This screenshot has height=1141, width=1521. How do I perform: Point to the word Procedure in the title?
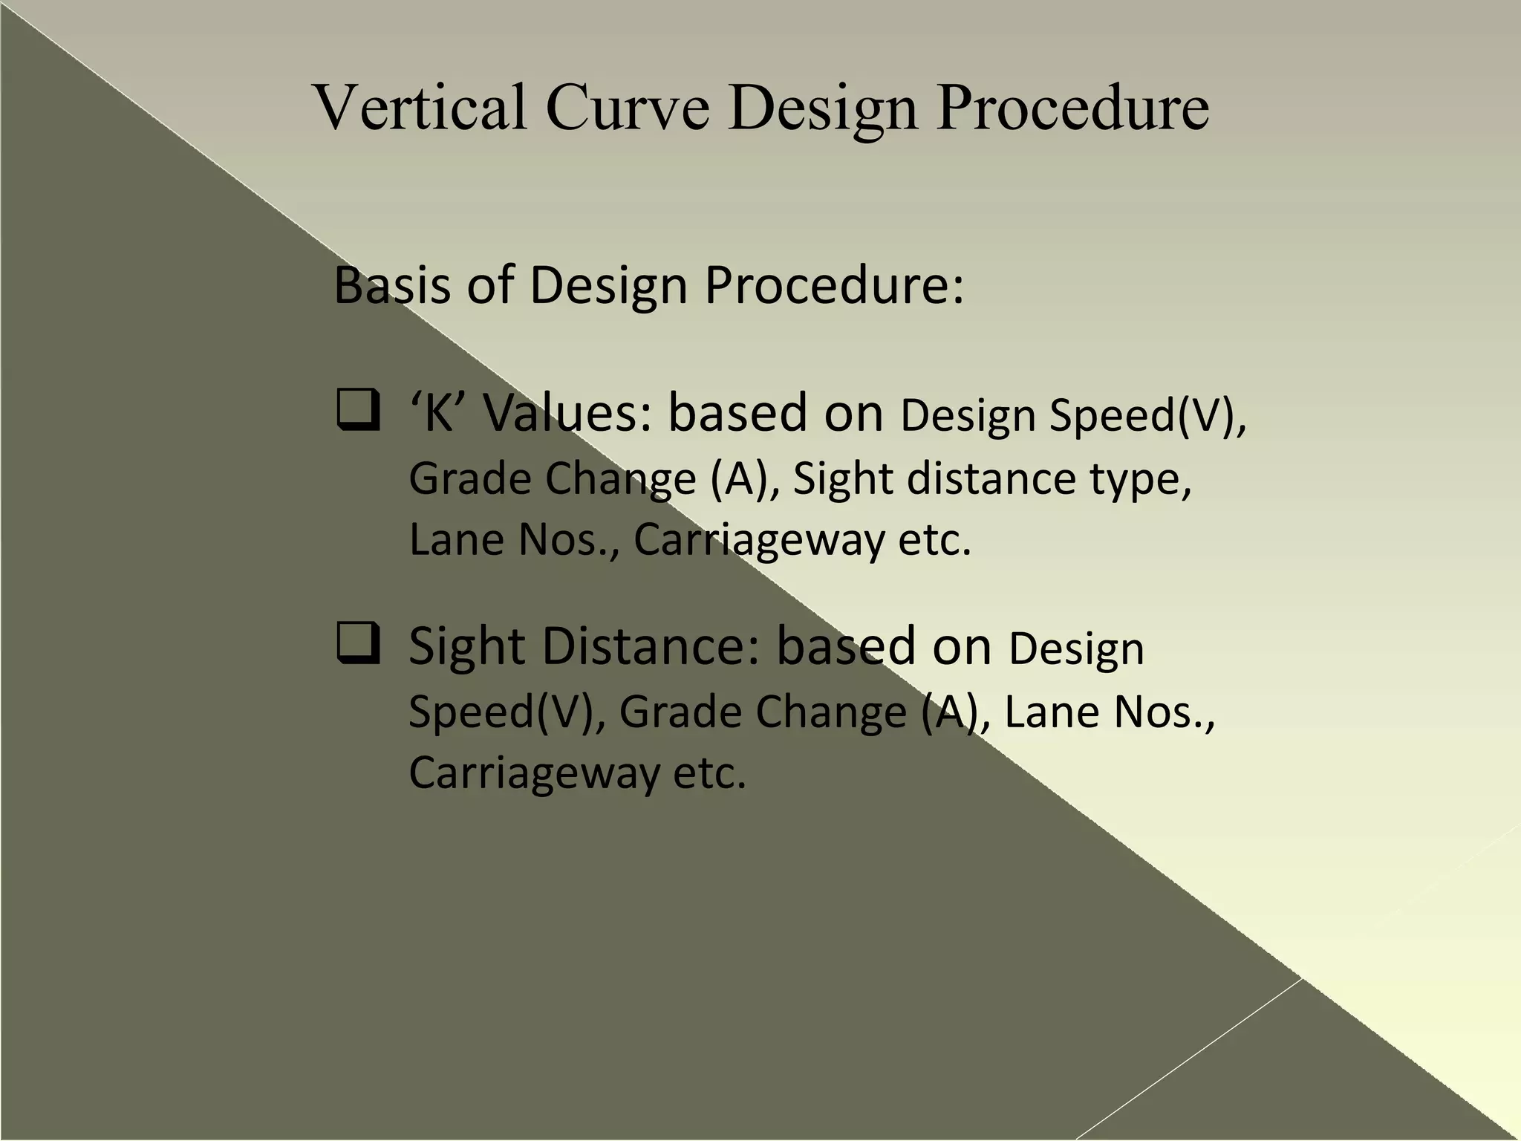1072,107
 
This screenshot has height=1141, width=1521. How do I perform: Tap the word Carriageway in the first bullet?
758,539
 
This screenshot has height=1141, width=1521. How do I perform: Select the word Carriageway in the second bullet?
534,773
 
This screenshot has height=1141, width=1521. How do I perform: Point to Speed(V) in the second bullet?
506,711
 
